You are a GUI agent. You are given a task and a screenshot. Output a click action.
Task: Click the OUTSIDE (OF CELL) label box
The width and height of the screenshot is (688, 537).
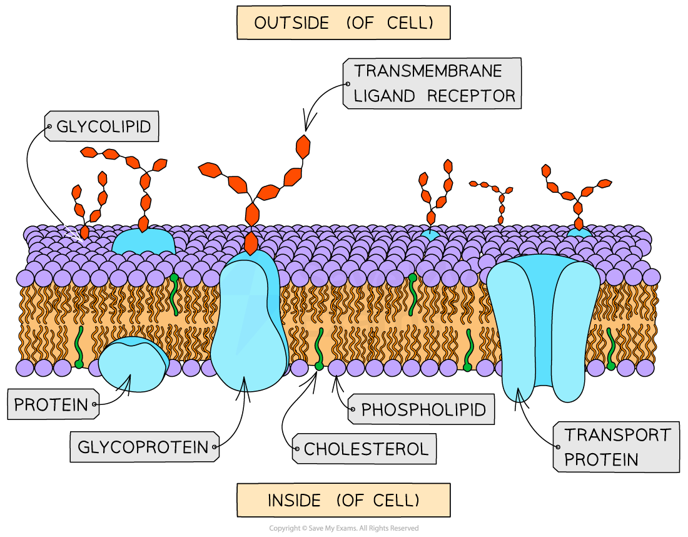pos(343,23)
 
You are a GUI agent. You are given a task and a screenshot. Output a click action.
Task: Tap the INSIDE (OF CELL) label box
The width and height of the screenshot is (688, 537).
pos(343,500)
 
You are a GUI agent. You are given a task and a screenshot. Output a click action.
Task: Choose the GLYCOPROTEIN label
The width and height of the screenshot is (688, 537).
pos(143,447)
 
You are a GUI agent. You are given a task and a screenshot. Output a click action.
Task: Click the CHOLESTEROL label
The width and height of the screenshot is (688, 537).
pos(366,449)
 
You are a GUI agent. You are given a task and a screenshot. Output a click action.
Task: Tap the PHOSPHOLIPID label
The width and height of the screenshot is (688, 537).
pos(423,410)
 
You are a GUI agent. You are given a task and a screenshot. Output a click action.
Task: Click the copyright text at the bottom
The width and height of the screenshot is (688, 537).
pos(343,528)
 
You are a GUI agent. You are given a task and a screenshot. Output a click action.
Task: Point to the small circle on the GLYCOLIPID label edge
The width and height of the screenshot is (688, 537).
pos(48,127)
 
